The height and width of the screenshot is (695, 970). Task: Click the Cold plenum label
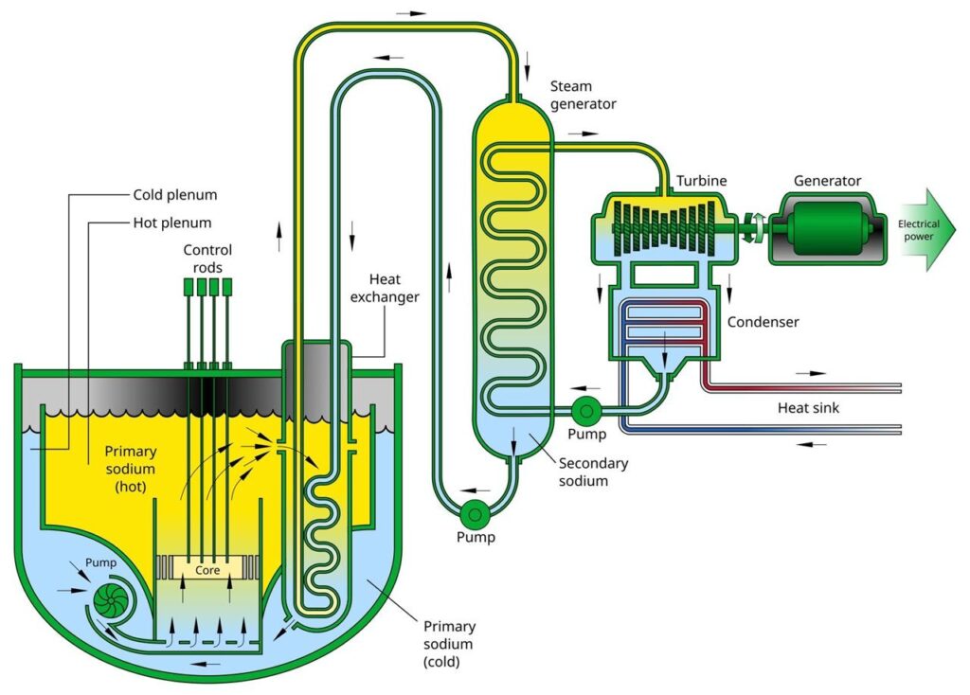[x=174, y=196]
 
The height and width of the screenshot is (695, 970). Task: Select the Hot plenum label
[x=171, y=223]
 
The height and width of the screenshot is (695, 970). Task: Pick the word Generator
[x=827, y=181]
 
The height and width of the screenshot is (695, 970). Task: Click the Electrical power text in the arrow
[x=918, y=230]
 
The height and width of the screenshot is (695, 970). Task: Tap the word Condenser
[x=763, y=322]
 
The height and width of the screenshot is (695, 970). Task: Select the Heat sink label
[x=808, y=408]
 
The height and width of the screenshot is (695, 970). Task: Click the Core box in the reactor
[x=207, y=571]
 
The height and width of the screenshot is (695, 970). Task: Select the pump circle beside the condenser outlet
[x=584, y=410]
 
